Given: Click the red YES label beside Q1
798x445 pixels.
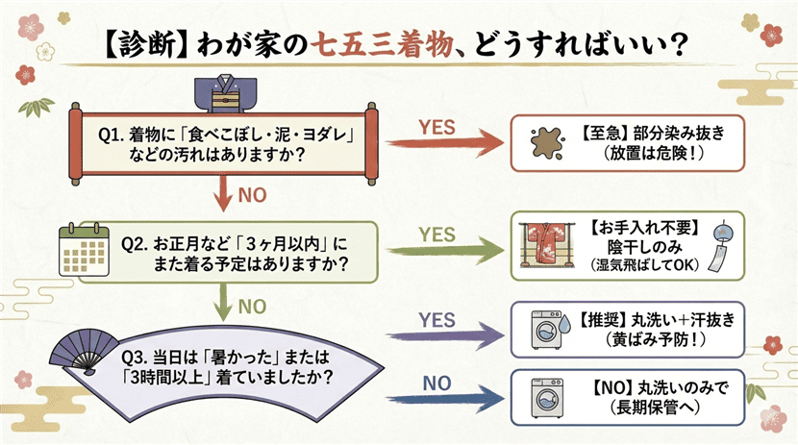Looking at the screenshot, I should click(x=436, y=126).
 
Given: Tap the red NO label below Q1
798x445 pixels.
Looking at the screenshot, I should click(x=251, y=195).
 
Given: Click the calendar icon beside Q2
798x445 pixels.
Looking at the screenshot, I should click(x=81, y=249).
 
